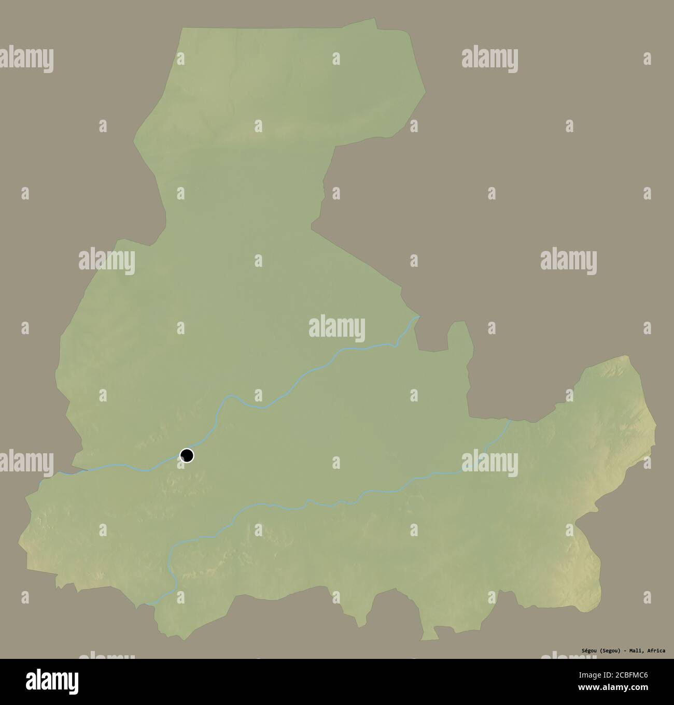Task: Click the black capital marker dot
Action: coord(187,455)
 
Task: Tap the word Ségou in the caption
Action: coord(589,651)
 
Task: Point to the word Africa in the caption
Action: coord(656,651)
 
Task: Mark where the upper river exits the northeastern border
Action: coord(418,317)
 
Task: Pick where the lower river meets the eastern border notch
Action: coord(510,421)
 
